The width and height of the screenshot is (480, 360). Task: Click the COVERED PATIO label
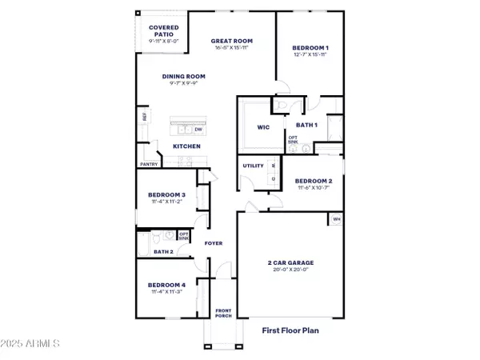point(164,30)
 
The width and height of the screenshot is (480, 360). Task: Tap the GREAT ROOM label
point(232,41)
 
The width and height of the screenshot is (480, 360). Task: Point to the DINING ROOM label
point(184,77)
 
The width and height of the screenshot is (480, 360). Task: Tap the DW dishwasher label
point(198,129)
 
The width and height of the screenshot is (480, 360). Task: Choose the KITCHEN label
point(186,146)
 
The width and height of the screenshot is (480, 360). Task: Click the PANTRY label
point(149,164)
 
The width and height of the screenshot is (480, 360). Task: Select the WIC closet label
point(262,127)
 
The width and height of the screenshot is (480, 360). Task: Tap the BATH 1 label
point(307,125)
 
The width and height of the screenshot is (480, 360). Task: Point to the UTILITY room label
point(253,166)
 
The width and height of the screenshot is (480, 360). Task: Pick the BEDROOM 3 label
point(166,195)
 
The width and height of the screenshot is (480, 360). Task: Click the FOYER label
point(214,243)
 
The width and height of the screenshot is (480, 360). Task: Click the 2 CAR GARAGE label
point(290,262)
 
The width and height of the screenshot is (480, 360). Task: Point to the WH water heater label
point(336,218)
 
